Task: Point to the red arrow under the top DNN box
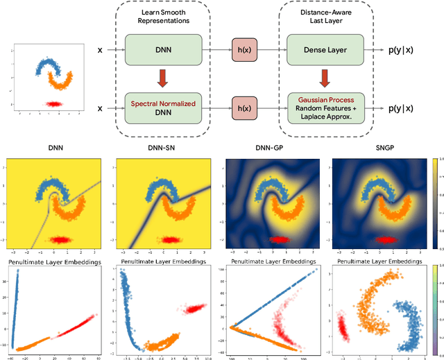(x=161, y=78)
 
